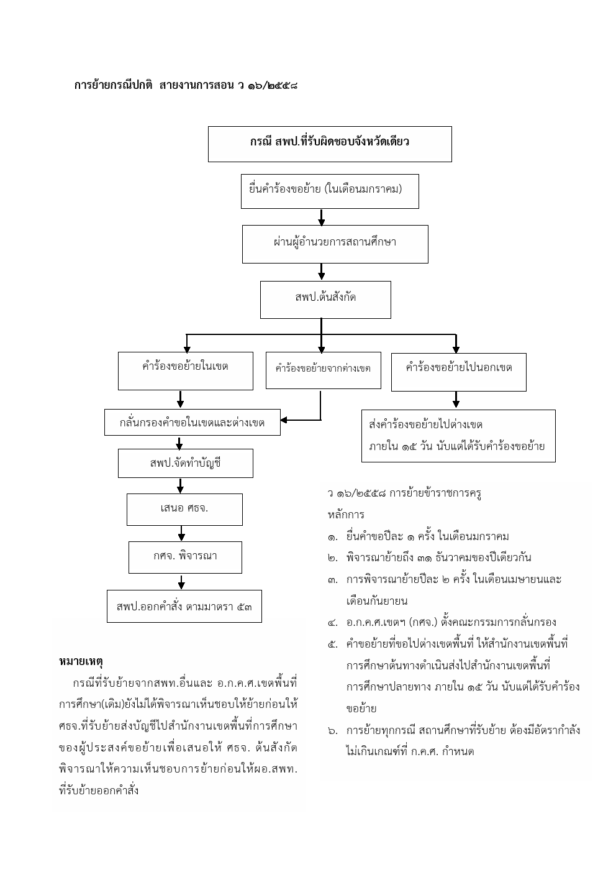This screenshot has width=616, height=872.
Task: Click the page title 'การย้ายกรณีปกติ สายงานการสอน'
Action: tap(153, 85)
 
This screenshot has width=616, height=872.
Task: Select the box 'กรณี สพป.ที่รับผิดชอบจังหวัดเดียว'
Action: tap(330, 144)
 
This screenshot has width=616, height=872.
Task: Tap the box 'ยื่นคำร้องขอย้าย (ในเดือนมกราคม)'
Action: tap(330, 191)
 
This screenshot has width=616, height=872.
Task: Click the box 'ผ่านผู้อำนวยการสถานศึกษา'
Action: tap(335, 244)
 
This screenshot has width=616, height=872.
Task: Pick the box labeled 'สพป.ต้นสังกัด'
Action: tap(325, 300)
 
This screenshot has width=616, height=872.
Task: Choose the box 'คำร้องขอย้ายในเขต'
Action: tap(186, 371)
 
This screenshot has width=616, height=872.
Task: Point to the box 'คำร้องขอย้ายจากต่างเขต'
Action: tap(323, 370)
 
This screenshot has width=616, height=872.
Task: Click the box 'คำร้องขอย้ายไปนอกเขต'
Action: tap(459, 372)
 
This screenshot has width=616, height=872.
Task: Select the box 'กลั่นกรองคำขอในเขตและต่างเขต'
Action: tap(192, 422)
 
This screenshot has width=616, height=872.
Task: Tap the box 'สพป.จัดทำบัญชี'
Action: tap(186, 463)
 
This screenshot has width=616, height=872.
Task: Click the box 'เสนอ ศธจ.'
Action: tap(184, 510)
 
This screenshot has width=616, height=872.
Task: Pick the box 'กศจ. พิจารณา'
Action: tap(185, 558)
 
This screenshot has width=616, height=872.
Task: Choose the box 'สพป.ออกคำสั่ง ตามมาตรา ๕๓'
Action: tap(184, 606)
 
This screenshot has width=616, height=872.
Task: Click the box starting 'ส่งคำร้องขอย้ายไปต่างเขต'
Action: tap(458, 436)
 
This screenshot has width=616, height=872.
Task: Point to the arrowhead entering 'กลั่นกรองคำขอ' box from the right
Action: tap(284, 420)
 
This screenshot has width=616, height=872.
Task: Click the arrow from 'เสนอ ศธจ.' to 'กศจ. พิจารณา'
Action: tap(181, 533)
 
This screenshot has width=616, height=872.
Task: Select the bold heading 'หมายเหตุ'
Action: tap(81, 661)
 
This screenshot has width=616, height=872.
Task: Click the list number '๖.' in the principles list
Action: tap(332, 730)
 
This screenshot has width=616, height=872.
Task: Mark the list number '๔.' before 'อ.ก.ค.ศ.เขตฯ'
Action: tap(332, 622)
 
